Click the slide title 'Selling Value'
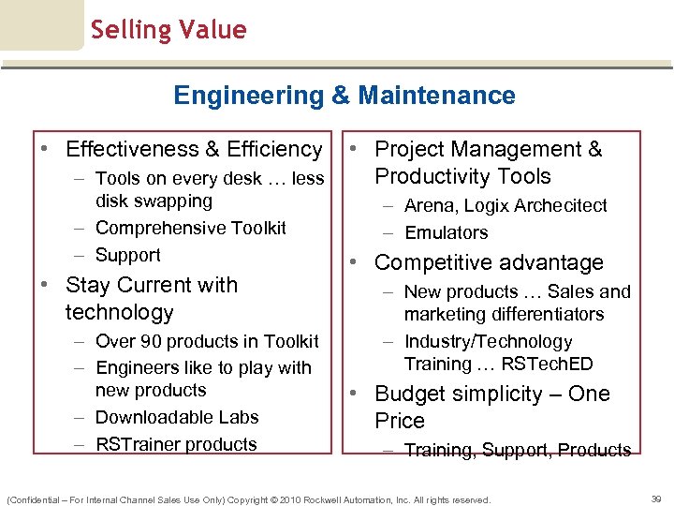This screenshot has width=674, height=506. tap(168, 30)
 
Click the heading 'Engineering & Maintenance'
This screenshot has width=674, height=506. tap(344, 96)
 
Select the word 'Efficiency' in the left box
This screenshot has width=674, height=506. tap(274, 149)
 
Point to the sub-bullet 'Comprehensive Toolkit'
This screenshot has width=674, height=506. tap(191, 228)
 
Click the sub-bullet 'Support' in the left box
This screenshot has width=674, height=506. tap(128, 255)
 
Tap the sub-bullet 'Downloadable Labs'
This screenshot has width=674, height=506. tap(177, 417)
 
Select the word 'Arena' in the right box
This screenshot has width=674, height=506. tap(427, 205)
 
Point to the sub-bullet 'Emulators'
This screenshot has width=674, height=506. tap(446, 232)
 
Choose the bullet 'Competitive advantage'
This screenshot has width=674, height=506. tap(489, 263)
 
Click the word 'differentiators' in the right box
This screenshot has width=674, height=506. tap(543, 314)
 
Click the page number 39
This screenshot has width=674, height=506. tap(657, 499)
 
